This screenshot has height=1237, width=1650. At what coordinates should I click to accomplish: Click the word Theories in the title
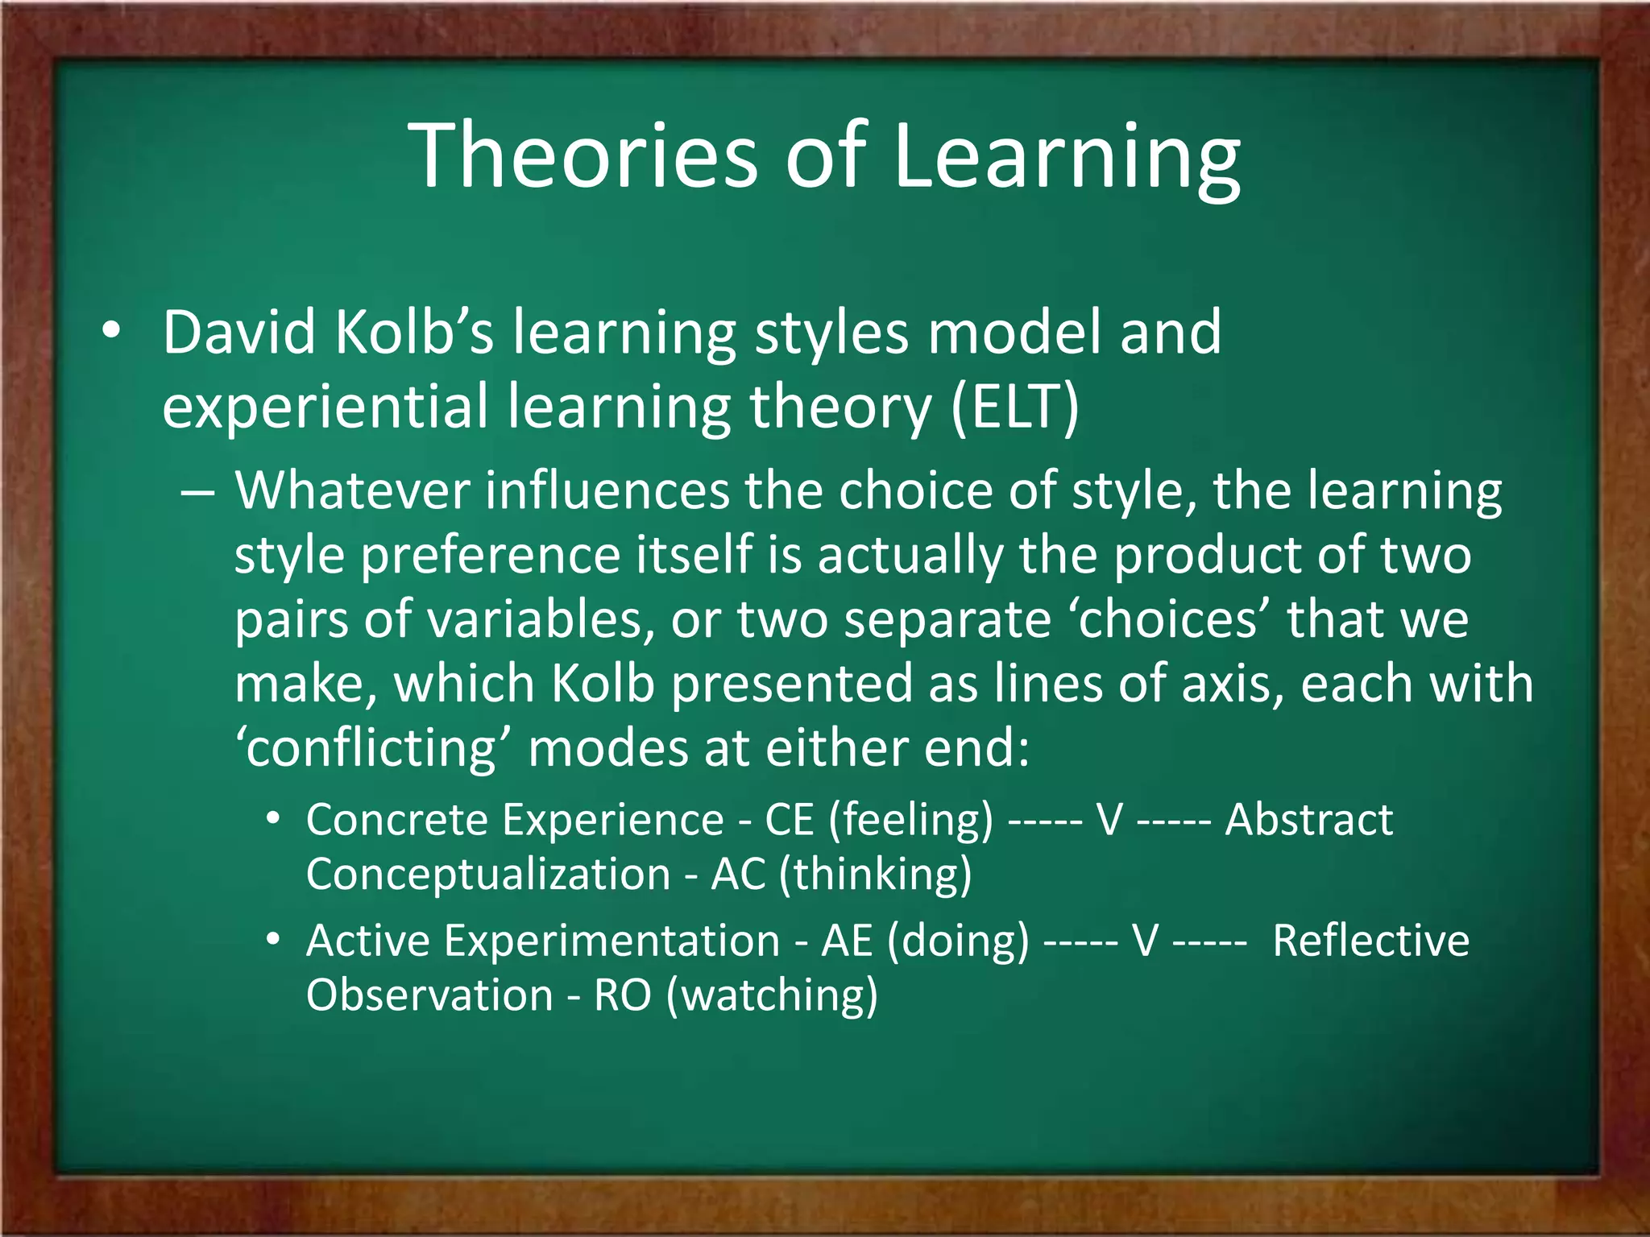coord(583,155)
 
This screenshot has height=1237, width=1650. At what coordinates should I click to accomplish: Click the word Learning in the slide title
coord(1067,155)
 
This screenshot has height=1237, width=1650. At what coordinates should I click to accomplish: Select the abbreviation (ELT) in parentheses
coord(1014,406)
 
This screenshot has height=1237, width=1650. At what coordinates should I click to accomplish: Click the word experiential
coord(325,408)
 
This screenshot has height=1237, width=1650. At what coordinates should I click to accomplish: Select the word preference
coord(491,556)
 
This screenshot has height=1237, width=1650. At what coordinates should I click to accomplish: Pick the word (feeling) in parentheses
coord(910,821)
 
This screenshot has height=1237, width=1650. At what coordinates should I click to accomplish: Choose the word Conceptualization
coord(487,875)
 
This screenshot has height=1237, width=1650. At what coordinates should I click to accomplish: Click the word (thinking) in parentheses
coord(875,875)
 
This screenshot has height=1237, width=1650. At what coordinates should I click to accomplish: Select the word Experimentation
coord(612,941)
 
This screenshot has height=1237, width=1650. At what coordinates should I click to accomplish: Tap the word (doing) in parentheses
coord(958,941)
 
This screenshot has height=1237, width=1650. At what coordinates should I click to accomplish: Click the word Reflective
coord(1370,941)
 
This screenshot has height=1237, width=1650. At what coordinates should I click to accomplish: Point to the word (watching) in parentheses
coord(772,995)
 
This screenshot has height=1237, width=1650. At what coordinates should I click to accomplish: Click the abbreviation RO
coord(622,995)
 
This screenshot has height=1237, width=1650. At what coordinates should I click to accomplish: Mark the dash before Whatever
coord(197,492)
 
